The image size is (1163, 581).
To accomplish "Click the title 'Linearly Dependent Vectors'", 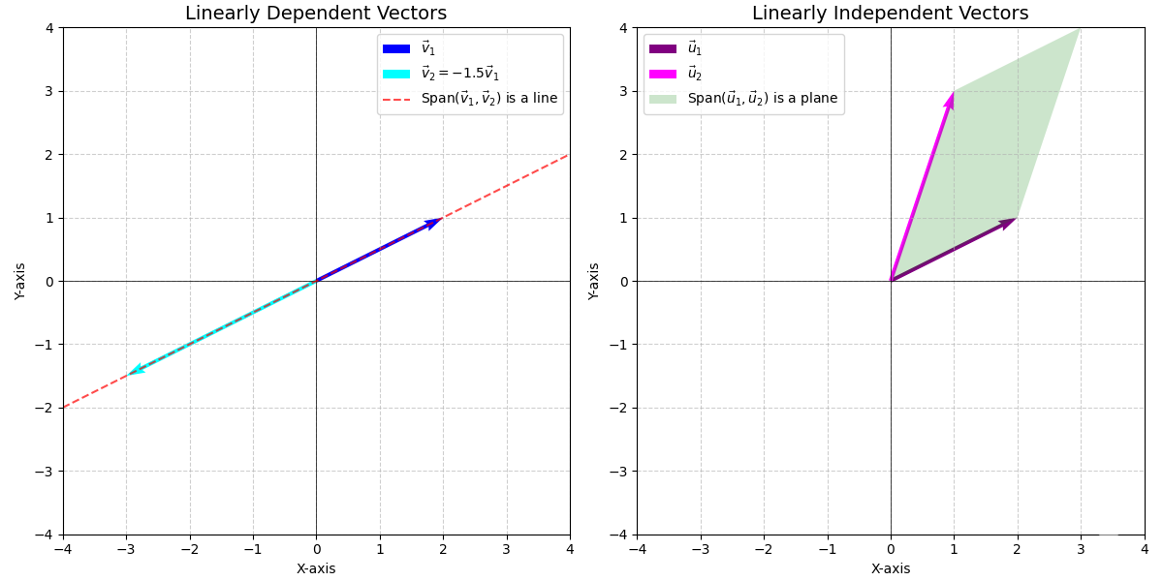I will [316, 14].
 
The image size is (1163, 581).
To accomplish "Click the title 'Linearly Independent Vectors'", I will [890, 14].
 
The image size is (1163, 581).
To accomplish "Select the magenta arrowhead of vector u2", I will [951, 101].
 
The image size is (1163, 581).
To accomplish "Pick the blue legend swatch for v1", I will [396, 48].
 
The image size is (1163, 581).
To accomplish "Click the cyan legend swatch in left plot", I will [396, 74].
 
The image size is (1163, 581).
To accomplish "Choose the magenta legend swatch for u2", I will [663, 74].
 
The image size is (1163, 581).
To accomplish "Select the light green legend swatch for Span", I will [663, 99].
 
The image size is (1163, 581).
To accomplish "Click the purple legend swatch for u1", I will [663, 48].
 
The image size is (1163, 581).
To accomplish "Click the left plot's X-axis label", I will [316, 569].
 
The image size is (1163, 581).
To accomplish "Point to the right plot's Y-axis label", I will [594, 281].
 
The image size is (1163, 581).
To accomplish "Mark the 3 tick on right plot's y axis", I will [625, 91].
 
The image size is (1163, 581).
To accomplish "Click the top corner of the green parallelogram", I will [1080, 29].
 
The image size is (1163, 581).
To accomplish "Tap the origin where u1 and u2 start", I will [891, 281].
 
